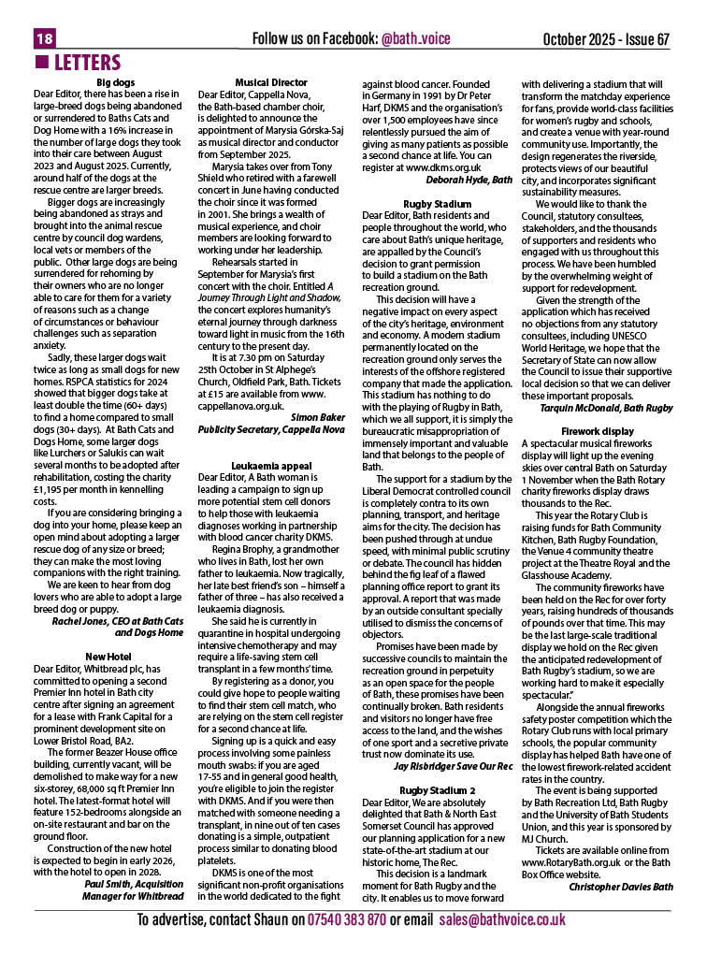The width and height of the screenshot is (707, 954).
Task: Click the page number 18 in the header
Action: [45, 39]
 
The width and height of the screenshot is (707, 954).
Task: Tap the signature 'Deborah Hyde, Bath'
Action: [469, 179]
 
